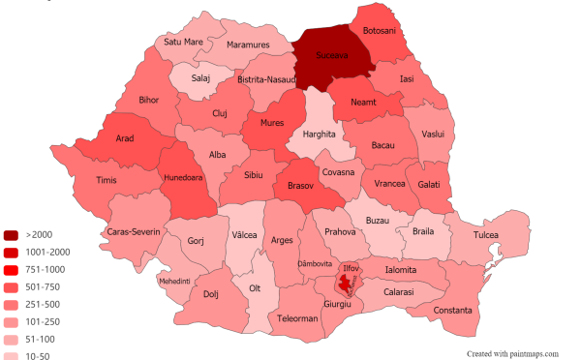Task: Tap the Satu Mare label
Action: point(183,43)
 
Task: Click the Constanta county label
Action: point(453,310)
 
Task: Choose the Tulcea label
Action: point(485,235)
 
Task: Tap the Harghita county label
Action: point(318,134)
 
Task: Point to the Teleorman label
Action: point(297,318)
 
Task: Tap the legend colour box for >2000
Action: point(11,235)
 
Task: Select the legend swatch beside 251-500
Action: point(11,304)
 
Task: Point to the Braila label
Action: point(422,232)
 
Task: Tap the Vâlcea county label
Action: point(245,235)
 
